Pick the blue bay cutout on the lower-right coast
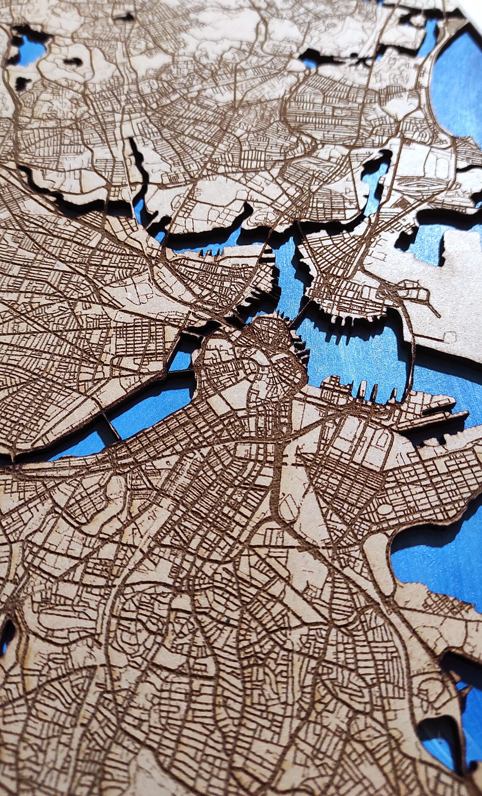435,559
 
